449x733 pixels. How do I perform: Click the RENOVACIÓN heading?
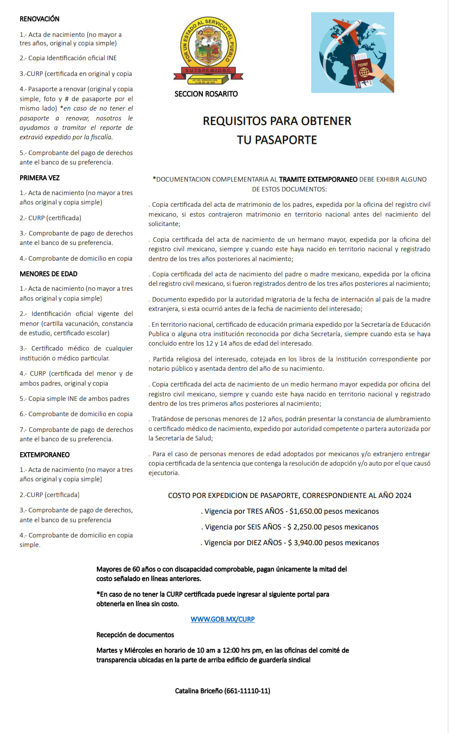click(40, 19)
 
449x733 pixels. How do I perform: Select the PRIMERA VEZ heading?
click(40, 178)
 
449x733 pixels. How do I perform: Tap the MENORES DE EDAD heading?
click(48, 274)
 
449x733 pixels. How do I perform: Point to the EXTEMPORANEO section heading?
click(44, 455)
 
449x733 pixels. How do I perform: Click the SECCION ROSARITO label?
click(206, 94)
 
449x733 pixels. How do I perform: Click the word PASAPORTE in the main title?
click(286, 140)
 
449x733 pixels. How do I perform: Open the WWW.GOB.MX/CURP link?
click(223, 619)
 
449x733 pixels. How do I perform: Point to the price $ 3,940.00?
click(305, 543)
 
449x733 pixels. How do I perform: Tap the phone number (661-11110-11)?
click(247, 691)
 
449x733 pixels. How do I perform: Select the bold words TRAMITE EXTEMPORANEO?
click(318, 179)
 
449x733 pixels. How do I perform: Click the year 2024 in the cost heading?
click(403, 495)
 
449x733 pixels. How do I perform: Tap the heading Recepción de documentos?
click(135, 635)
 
